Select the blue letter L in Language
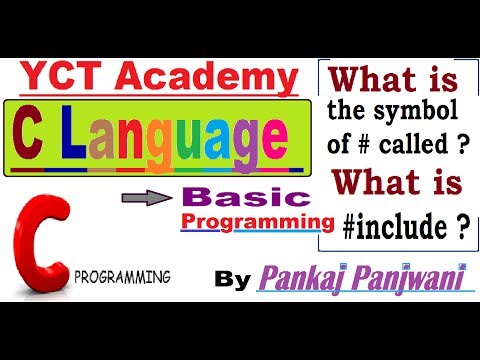click(77, 133)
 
